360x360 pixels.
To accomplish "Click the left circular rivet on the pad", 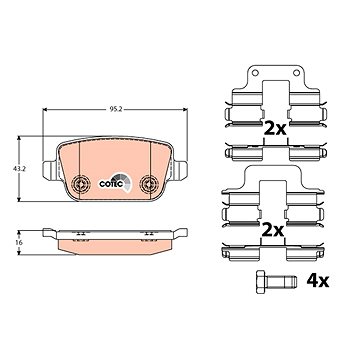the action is tap(81, 183).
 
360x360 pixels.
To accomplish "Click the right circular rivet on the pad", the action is tap(149, 183).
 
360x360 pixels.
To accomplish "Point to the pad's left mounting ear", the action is tap(50, 170).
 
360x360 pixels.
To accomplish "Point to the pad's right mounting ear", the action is tap(180, 170).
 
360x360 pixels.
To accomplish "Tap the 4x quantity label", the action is tap(318, 281).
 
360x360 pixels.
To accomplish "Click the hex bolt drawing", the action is tap(276, 282).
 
